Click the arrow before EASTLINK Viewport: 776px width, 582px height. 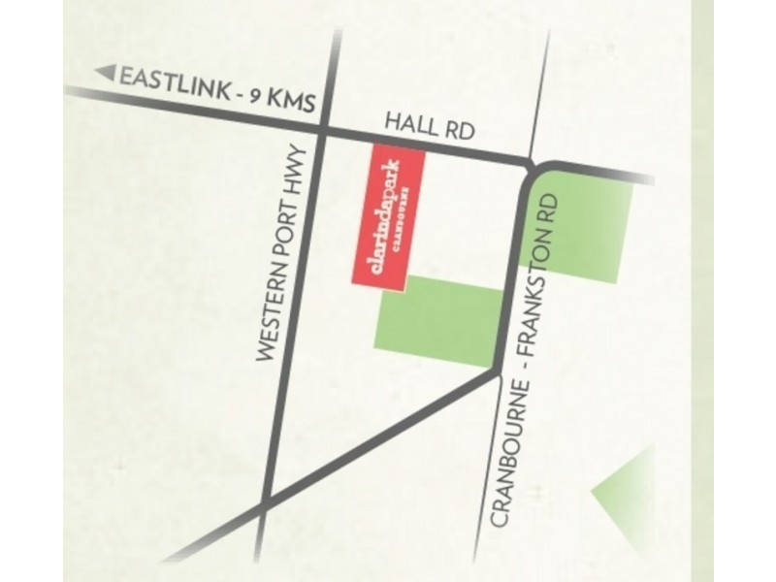107,72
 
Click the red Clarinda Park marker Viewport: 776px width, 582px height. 388,218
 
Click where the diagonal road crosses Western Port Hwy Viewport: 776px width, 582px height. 266,504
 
